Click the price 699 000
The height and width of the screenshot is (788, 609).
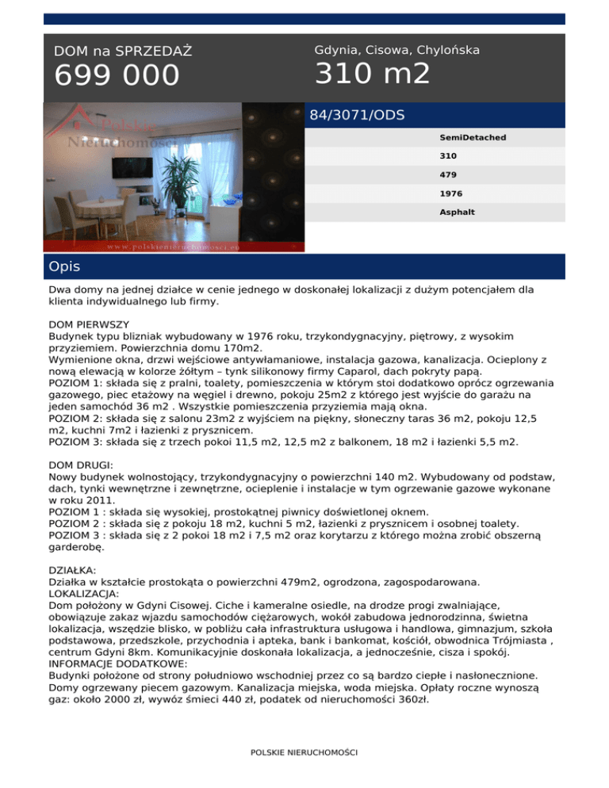pos(117,77)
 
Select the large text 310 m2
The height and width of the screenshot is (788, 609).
pos(372,75)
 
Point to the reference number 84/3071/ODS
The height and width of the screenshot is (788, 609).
pos(357,116)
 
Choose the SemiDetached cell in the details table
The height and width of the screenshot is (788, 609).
pos(473,137)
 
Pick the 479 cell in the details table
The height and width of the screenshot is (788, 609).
pos(448,174)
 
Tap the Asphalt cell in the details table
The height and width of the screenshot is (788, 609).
pos(457,212)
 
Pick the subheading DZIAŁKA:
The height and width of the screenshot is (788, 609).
pos(71,569)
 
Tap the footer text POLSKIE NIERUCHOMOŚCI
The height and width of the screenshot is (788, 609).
pos(304,752)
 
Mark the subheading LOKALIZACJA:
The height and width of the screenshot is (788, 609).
pos(86,591)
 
